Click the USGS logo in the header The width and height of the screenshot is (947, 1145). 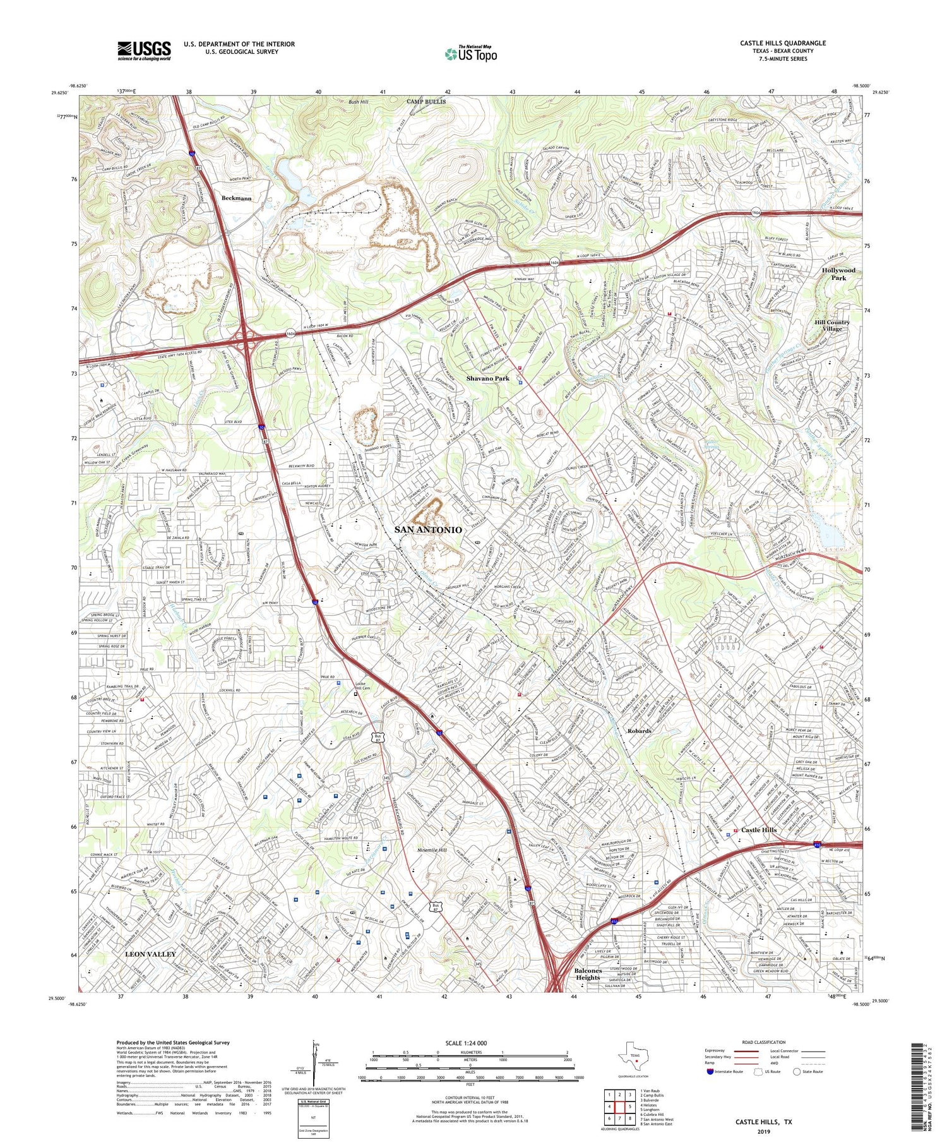[144, 51]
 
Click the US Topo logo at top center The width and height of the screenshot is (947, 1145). [470, 54]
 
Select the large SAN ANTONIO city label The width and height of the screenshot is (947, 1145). [428, 530]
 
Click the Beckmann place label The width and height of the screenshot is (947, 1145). [237, 198]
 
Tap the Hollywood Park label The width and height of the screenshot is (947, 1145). [838, 274]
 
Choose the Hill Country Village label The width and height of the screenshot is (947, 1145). [831, 325]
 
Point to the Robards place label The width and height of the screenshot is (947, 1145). [639, 731]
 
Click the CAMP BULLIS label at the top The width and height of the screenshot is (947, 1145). [426, 102]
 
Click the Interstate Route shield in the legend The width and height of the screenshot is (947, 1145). [711, 1072]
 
